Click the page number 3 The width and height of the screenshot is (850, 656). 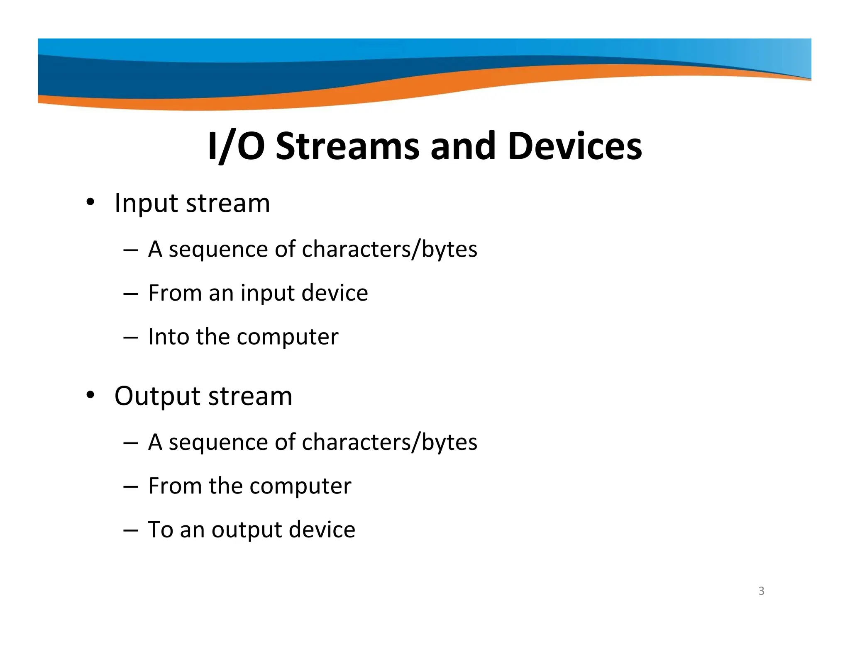(761, 591)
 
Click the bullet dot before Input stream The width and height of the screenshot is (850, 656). (90, 203)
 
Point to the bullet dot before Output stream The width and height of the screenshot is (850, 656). (90, 396)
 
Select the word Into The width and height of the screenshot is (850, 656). (168, 336)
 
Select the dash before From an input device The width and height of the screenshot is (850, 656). (130, 294)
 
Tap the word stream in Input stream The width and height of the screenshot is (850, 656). (228, 204)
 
